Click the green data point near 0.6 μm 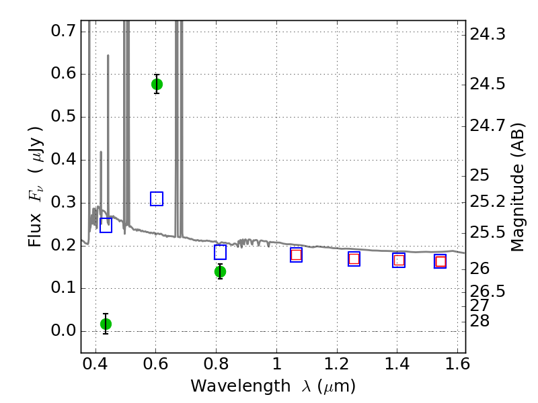coord(157,85)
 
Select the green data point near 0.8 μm coord(220,272)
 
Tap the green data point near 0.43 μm coord(106,324)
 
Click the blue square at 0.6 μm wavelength coord(157,199)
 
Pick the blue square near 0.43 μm coord(106,226)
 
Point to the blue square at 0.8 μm coord(220,253)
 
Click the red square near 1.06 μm coord(296,255)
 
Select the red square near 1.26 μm coord(354,259)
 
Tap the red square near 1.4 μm coord(399,261)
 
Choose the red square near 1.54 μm coord(440,261)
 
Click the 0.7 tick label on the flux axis coord(63,31)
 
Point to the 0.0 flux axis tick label coord(63,330)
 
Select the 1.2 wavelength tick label coord(336,363)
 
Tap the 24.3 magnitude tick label coord(487,34)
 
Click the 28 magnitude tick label coord(479,321)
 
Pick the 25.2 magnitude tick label coord(487,201)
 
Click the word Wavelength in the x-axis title coord(241,386)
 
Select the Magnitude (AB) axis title coord(517,187)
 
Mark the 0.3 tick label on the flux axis coord(63,202)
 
